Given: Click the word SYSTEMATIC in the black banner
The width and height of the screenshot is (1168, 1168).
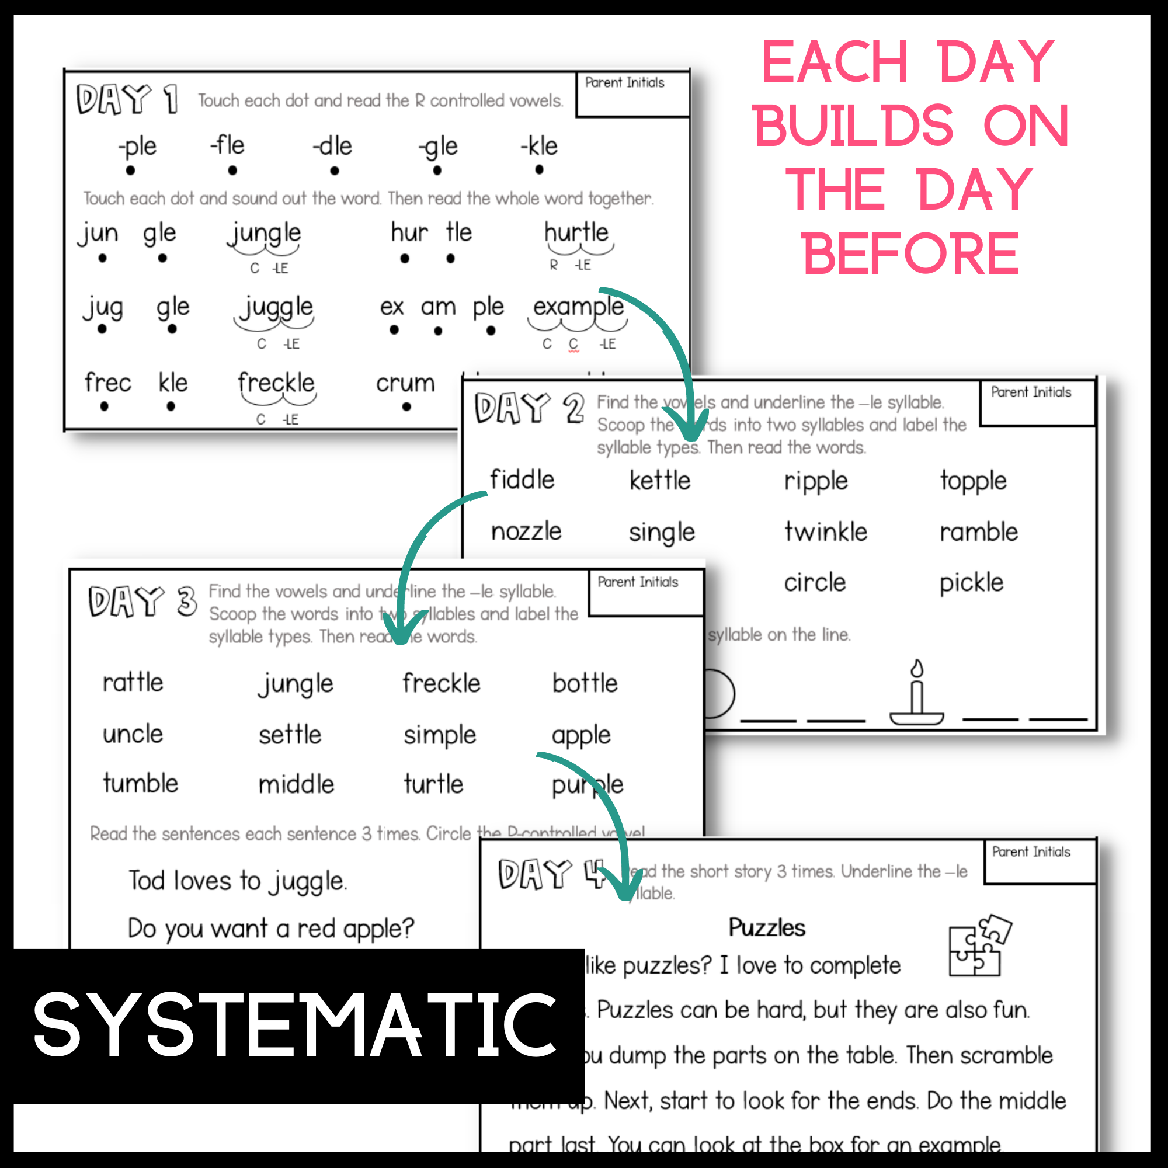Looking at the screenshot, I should (295, 1026).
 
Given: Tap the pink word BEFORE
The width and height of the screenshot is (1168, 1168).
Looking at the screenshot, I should (910, 254).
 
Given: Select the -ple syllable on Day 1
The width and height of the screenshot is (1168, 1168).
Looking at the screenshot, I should (138, 147).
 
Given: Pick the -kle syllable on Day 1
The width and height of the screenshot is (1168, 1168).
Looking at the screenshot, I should (539, 147).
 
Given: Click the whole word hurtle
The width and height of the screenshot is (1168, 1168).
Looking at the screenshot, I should (576, 233).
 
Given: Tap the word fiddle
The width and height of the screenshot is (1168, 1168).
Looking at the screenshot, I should (522, 480).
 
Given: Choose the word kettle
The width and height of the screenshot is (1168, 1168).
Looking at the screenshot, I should (659, 481).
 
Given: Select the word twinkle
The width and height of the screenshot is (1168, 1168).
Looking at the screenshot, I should (825, 532).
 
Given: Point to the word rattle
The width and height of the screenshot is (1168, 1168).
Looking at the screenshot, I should (133, 683).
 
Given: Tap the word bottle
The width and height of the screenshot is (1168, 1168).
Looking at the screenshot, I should (585, 684).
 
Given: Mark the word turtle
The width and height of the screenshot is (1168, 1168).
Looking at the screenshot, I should (433, 784).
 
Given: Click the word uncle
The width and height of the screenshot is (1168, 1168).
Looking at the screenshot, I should (133, 735).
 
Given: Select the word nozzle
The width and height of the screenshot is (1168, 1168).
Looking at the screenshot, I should (526, 532).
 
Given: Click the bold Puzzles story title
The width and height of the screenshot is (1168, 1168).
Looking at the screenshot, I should (767, 927).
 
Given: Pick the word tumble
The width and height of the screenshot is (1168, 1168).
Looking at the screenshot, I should (140, 784).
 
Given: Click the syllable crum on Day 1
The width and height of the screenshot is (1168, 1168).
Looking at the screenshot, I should (405, 383).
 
